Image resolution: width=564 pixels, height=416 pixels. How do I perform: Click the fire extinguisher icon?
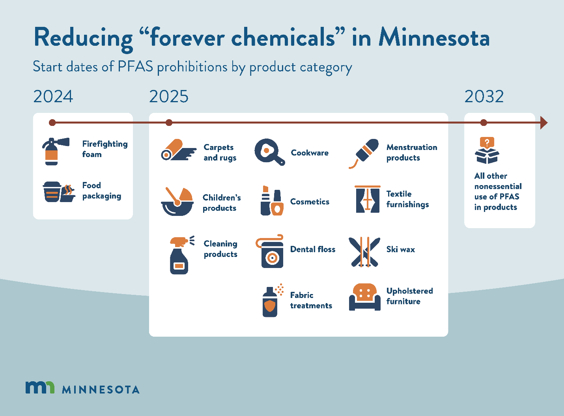click(54, 151)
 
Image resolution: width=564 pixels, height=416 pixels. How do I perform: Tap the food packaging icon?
click(58, 192)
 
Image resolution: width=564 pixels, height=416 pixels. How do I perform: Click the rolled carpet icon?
click(177, 150)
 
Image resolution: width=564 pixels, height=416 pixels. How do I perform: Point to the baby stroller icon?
click(177, 201)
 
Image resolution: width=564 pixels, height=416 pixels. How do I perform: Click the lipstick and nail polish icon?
click(272, 201)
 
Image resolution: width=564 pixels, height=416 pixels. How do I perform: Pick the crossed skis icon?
click(364, 252)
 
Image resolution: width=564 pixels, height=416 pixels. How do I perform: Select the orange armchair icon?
click(364, 297)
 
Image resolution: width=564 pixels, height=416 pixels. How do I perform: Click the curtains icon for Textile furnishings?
click(367, 199)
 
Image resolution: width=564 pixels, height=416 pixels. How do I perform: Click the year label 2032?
click(484, 97)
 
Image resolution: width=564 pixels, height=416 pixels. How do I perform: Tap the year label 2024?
click(53, 97)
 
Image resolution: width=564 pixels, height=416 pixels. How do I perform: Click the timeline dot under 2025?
click(169, 123)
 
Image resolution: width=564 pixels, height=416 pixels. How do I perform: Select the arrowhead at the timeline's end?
click(544, 123)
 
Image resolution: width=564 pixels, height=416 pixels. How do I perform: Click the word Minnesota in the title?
click(434, 38)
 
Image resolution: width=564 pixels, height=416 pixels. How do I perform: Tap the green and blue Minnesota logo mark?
click(40, 388)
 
